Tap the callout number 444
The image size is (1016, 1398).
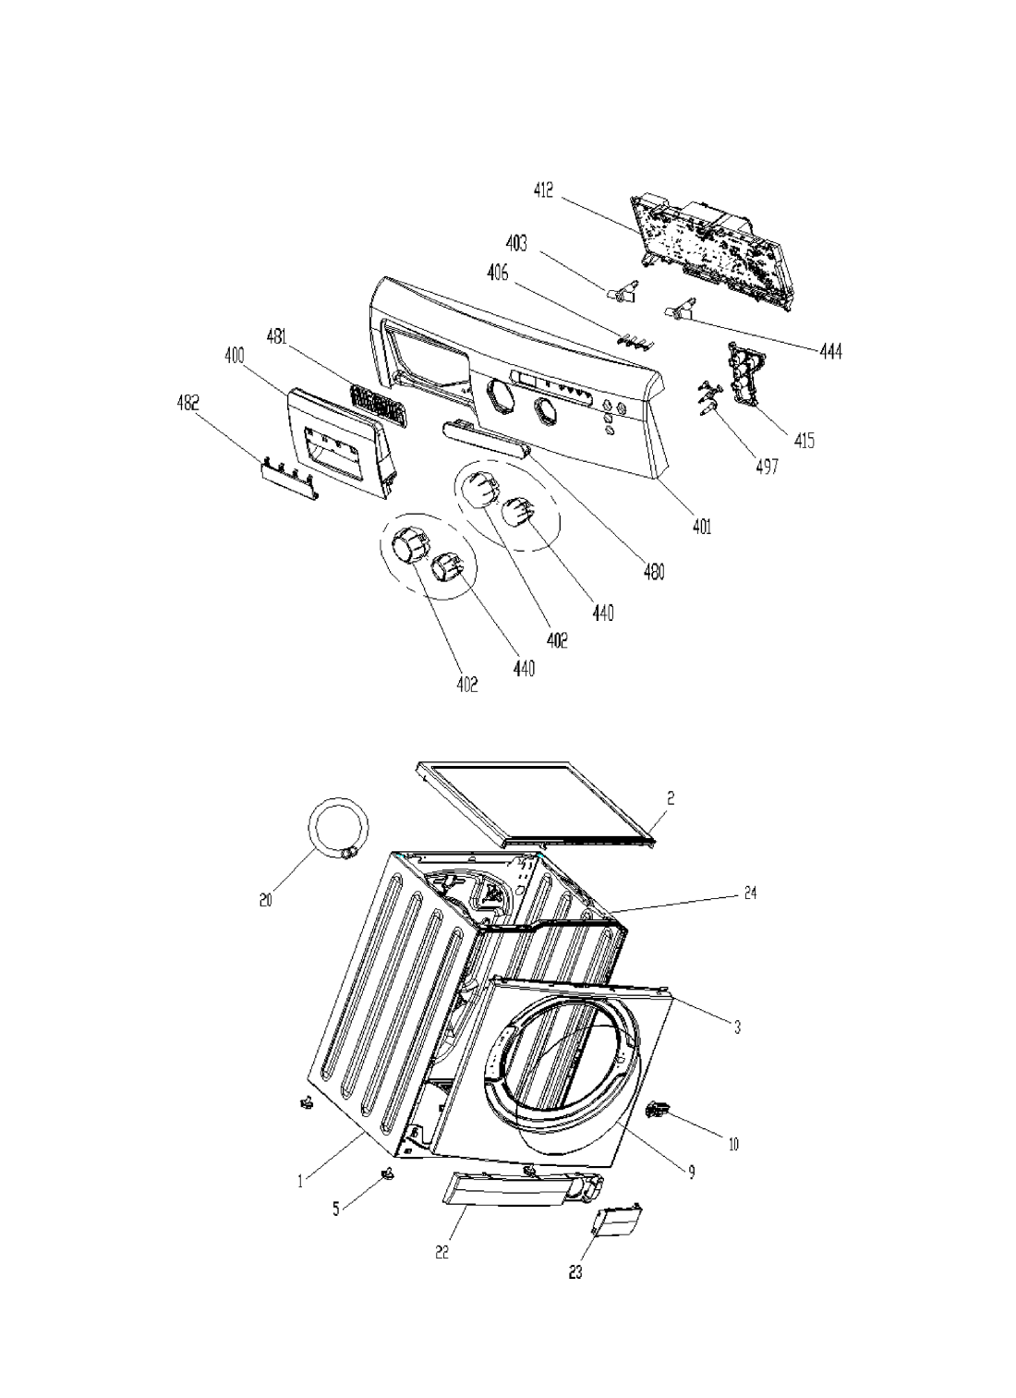[830, 352]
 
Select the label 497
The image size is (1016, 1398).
[767, 466]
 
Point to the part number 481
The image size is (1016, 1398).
[276, 337]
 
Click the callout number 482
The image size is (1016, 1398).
[187, 403]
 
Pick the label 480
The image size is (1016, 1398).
[653, 572]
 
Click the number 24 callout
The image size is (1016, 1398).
[750, 894]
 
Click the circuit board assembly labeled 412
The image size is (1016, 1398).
[711, 255]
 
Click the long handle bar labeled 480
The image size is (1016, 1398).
[487, 440]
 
